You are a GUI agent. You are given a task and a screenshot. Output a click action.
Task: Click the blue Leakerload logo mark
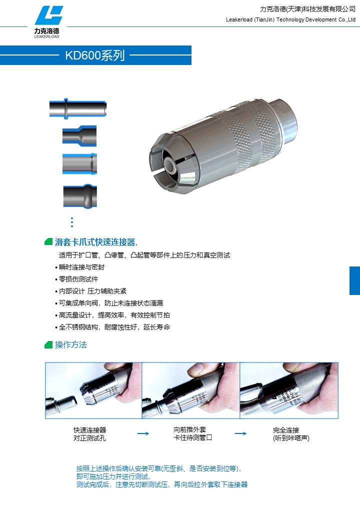tap(48, 15)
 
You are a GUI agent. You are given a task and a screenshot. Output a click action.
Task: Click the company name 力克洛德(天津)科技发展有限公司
tap(307, 9)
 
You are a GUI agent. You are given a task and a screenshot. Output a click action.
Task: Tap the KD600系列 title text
tap(95, 55)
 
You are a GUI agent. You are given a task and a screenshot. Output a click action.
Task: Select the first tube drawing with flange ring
tap(78, 108)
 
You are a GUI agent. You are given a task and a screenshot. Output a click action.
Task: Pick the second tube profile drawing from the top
tap(79, 136)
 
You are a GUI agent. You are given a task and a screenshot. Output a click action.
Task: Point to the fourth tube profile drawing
tap(80, 196)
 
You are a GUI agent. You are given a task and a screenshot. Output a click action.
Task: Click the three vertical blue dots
tap(72, 222)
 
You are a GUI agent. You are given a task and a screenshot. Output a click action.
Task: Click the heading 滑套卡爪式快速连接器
tap(95, 242)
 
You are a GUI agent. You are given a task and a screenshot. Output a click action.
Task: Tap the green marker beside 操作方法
tap(48, 345)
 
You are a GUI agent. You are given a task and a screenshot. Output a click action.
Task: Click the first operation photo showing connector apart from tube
tap(93, 390)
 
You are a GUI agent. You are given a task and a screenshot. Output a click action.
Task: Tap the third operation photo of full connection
tap(288, 390)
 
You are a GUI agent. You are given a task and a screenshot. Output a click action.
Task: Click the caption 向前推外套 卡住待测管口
tap(192, 434)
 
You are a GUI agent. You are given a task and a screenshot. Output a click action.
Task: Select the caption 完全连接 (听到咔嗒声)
tap(291, 434)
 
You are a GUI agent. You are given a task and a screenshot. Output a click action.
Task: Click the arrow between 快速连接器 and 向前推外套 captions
tap(143, 433)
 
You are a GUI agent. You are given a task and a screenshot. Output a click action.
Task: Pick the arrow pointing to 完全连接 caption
tap(240, 433)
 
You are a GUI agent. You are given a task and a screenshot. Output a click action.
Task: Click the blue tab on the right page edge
tap(354, 280)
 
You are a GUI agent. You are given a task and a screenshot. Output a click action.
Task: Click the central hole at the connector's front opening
tap(171, 164)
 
